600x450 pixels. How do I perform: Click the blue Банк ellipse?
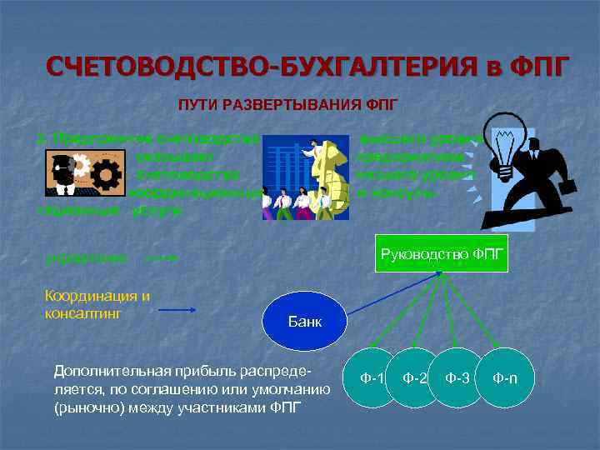[x=304, y=321]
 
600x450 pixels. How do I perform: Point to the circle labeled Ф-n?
[x=504, y=378]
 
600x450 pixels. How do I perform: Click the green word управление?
[x=87, y=257]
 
